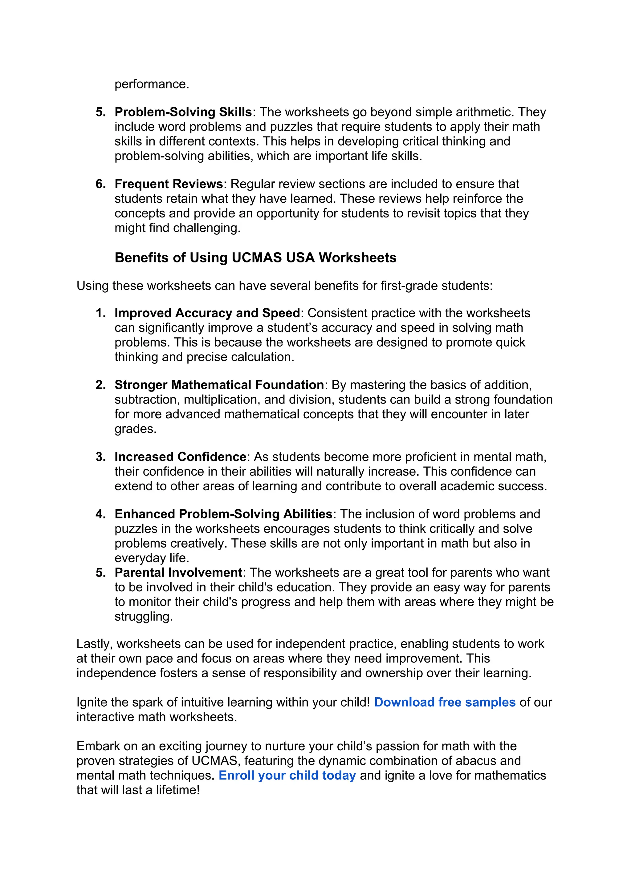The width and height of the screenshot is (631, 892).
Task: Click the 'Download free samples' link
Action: pyautogui.click(x=445, y=702)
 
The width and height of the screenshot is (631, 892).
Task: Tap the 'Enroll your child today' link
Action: pyautogui.click(x=287, y=776)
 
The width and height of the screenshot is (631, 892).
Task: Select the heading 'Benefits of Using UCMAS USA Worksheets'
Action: pyautogui.click(x=255, y=258)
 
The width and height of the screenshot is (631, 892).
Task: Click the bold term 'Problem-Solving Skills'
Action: pyautogui.click(x=183, y=112)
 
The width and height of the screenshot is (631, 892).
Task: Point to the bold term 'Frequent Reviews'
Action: pyautogui.click(x=169, y=184)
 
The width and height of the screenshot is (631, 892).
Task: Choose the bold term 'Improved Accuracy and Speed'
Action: pyautogui.click(x=207, y=313)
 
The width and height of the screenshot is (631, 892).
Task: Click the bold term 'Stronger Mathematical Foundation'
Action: pyautogui.click(x=219, y=385)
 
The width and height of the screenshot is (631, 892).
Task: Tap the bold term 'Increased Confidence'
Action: pyautogui.click(x=180, y=457)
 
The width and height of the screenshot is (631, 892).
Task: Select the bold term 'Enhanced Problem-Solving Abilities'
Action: pyautogui.click(x=223, y=514)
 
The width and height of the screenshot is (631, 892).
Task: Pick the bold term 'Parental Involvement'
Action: pyautogui.click(x=178, y=573)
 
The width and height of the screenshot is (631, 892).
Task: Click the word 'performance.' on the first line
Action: pyautogui.click(x=152, y=84)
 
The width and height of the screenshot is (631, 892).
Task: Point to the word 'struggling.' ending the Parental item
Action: pyautogui.click(x=143, y=617)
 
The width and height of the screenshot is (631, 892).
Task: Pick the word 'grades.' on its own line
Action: pyautogui.click(x=135, y=429)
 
